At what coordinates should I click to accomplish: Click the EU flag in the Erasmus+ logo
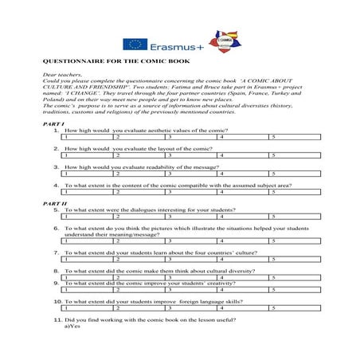click(x=133, y=45)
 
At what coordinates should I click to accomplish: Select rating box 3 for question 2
click(x=190, y=155)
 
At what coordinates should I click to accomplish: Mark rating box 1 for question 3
click(x=87, y=173)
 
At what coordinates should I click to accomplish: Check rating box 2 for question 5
click(x=139, y=216)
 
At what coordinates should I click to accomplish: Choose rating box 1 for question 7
click(x=87, y=259)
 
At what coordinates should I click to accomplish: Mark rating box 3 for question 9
click(x=190, y=289)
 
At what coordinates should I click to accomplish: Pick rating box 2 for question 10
click(x=139, y=307)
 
